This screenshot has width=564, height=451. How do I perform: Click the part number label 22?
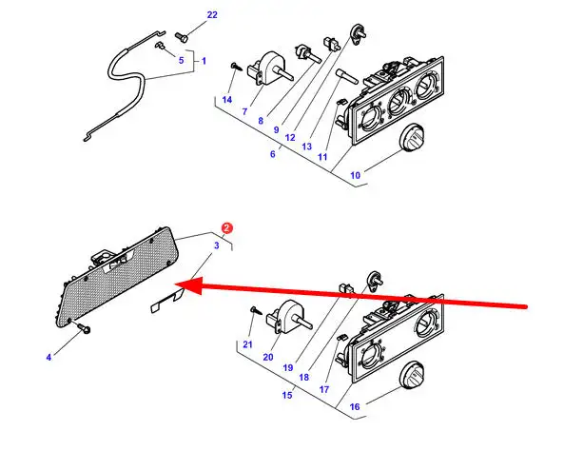212,15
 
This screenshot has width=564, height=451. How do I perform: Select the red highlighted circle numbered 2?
226,227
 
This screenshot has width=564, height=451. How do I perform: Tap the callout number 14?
227,100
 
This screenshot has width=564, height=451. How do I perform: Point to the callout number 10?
355,175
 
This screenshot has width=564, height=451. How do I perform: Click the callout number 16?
355,406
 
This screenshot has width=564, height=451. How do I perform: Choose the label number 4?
49,358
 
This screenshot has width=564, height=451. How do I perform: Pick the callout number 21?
247,344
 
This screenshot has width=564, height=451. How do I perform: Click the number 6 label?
273,154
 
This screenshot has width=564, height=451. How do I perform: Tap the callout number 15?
287,395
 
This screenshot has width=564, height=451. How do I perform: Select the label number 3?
217,245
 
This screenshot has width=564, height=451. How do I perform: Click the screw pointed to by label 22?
182,37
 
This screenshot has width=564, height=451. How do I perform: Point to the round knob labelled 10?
412,138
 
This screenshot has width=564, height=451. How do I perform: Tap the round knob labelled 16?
412,376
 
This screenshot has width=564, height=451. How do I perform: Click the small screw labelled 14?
237,67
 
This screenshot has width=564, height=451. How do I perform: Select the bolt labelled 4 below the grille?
84,328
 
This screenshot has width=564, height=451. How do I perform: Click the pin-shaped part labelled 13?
346,77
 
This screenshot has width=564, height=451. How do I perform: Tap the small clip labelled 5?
160,46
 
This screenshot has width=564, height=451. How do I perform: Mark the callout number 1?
204,61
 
